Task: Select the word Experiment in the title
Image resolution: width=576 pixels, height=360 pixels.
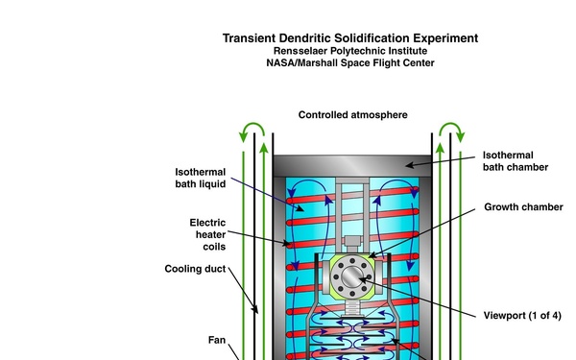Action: coord(445,38)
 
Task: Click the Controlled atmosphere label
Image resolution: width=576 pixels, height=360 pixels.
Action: coord(352,115)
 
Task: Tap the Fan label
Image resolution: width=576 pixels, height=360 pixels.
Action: coord(218,339)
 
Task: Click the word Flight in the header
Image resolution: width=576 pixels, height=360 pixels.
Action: coord(394,64)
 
